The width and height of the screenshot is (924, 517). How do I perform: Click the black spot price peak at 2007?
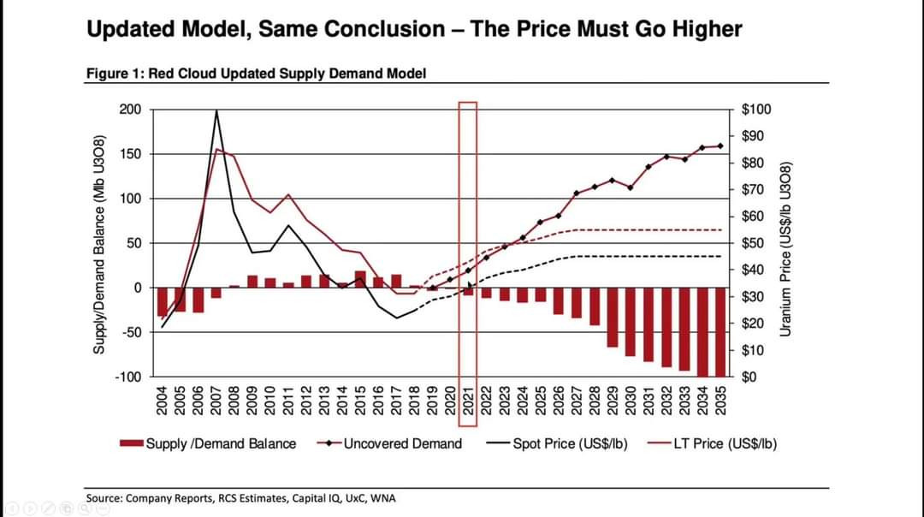(x=216, y=110)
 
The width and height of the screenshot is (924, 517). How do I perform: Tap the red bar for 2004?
(x=162, y=302)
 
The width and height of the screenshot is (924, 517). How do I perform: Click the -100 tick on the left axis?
(x=129, y=377)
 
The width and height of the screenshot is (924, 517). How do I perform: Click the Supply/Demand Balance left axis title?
(x=98, y=243)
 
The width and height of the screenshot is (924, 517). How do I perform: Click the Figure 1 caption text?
(x=256, y=73)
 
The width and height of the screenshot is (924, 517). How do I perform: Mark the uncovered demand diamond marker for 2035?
(x=720, y=146)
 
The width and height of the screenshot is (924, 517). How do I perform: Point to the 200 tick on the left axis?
(x=130, y=110)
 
